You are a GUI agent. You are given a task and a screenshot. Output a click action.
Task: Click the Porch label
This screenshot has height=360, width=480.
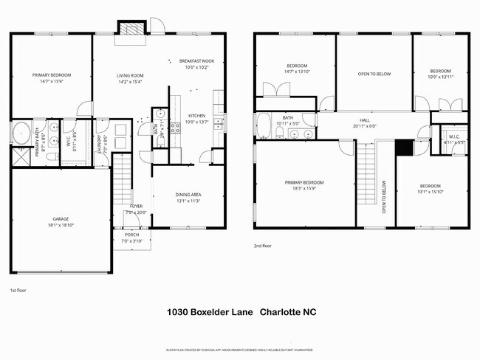click(131, 235)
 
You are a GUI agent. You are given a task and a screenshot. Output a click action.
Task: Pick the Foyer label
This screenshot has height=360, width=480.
click(136, 206)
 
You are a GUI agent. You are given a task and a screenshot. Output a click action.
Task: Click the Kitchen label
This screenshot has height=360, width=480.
click(196, 116)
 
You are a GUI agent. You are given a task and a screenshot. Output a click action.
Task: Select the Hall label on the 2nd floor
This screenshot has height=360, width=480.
click(364, 120)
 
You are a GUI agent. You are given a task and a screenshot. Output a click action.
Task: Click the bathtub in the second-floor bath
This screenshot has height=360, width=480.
click(264, 127)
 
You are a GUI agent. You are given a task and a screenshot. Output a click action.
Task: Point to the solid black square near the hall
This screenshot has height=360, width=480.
click(403, 147)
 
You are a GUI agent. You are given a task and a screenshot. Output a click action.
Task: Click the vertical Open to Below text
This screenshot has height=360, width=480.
click(384, 198)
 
